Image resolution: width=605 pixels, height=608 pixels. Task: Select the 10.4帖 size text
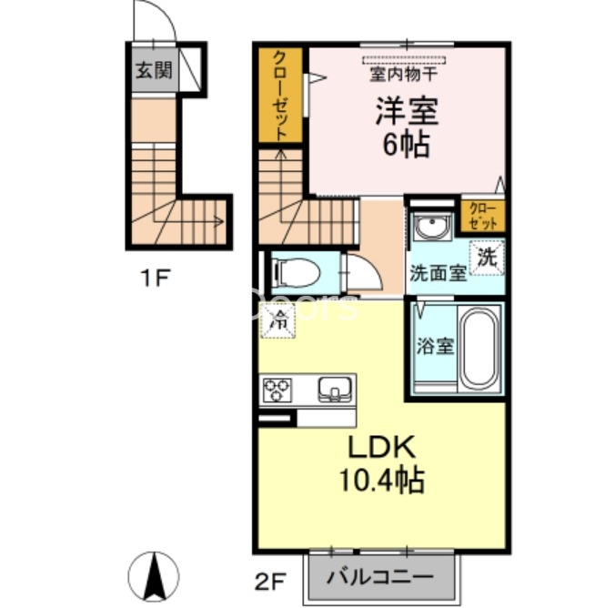pyautogui.click(x=382, y=480)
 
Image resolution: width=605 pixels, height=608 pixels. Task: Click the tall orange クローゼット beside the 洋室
pyautogui.click(x=281, y=95)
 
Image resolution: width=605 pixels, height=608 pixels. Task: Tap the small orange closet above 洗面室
pyautogui.click(x=484, y=216)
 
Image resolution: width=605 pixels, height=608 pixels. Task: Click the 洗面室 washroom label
pyautogui.click(x=438, y=272)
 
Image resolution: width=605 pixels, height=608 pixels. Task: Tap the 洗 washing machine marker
pyautogui.click(x=487, y=257)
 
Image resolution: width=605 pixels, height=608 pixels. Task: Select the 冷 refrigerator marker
pyautogui.click(x=280, y=320)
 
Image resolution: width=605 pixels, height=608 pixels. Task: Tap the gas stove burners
pyautogui.click(x=276, y=391)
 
